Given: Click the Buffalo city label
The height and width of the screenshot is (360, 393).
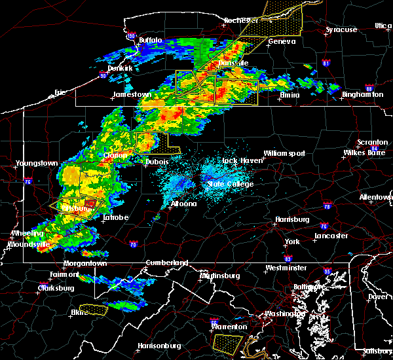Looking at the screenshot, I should coord(150,40).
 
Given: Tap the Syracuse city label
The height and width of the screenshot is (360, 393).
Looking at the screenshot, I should coord(341,29).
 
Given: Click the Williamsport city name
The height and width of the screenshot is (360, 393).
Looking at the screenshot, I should coord(284,153).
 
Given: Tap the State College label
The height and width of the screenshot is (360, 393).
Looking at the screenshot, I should coord(230,184).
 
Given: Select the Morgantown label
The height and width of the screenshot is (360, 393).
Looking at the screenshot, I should coord(84,263).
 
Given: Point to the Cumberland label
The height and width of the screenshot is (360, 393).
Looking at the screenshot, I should coord(166,262).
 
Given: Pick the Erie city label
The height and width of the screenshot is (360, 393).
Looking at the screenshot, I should coord(60,92).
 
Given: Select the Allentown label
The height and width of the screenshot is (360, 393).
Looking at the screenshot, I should coord(375,196).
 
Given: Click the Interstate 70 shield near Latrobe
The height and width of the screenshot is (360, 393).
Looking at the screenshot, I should coord(134,245).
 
